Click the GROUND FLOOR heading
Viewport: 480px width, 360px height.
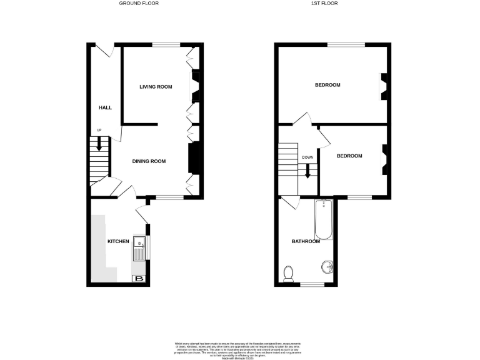pos(139,3)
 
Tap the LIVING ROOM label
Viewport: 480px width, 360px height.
pos(156,86)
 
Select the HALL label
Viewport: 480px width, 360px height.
pos(105,107)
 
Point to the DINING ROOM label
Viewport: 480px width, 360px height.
pos(149,161)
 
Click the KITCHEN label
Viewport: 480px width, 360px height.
pos(118,241)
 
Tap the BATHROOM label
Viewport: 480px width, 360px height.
pos(305,241)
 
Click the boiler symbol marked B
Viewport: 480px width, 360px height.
pos(139,279)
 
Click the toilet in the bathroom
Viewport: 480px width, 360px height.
pos(288,273)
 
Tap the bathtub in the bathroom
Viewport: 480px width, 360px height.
pos(324,219)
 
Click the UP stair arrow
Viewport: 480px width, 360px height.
pos(98,143)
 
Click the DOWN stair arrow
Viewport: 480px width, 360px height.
pos(307,169)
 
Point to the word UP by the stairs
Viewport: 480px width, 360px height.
pos(98,130)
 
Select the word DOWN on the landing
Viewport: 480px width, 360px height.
pos(307,157)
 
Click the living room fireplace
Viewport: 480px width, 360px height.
pos(194,86)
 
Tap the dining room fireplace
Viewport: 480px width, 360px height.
pos(194,157)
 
